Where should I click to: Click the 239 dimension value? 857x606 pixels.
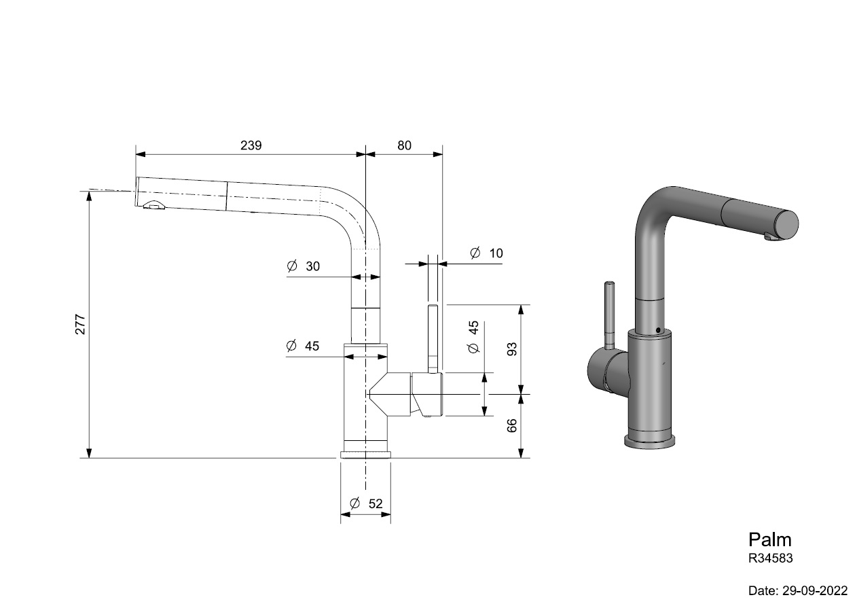251,145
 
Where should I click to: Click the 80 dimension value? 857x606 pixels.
404,145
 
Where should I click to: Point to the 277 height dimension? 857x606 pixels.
80,324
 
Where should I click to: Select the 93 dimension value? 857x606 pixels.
511,349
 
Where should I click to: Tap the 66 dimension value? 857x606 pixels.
511,426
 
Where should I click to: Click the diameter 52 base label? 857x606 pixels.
366,503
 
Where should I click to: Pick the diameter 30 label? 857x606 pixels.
303,266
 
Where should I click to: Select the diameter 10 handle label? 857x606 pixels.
486,253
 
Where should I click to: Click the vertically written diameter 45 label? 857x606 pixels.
473,337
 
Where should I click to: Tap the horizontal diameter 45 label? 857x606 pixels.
302,346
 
